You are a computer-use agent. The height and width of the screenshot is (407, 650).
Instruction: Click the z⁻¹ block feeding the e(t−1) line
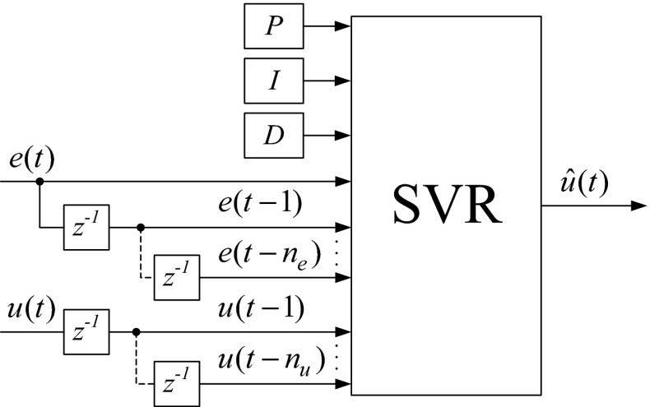tap(88, 226)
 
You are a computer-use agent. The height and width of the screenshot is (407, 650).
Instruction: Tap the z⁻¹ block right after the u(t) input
tap(88, 332)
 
